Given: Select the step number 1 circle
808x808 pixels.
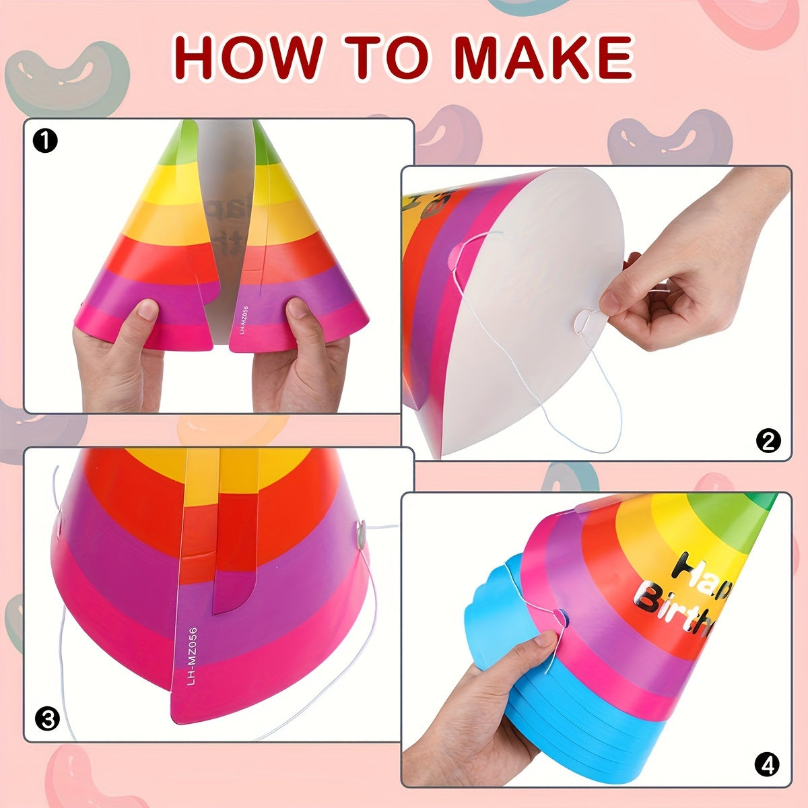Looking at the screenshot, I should click(x=45, y=141).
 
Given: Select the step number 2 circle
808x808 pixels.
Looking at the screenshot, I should click(x=768, y=441).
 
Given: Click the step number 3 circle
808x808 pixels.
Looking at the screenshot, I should click(x=47, y=719).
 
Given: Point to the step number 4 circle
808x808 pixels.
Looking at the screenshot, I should click(x=767, y=765).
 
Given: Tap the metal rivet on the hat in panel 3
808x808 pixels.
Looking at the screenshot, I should click(x=361, y=532).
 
